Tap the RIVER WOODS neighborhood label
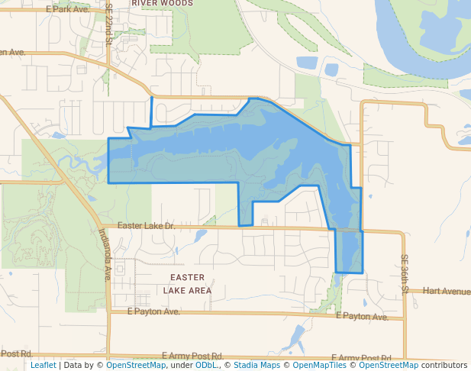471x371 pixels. click(162, 3)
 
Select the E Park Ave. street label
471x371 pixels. click(67, 9)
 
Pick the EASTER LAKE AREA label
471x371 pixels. click(187, 283)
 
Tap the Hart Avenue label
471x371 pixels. click(447, 291)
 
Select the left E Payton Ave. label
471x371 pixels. click(153, 311)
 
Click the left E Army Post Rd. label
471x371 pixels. click(192, 356)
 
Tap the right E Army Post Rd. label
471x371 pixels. click(362, 358)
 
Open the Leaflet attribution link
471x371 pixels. click(43, 365)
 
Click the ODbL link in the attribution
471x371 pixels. click(205, 365)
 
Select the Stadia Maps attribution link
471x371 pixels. click(256, 365)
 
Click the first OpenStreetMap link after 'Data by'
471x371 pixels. click(136, 365)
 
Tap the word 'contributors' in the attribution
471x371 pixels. click(445, 365)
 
